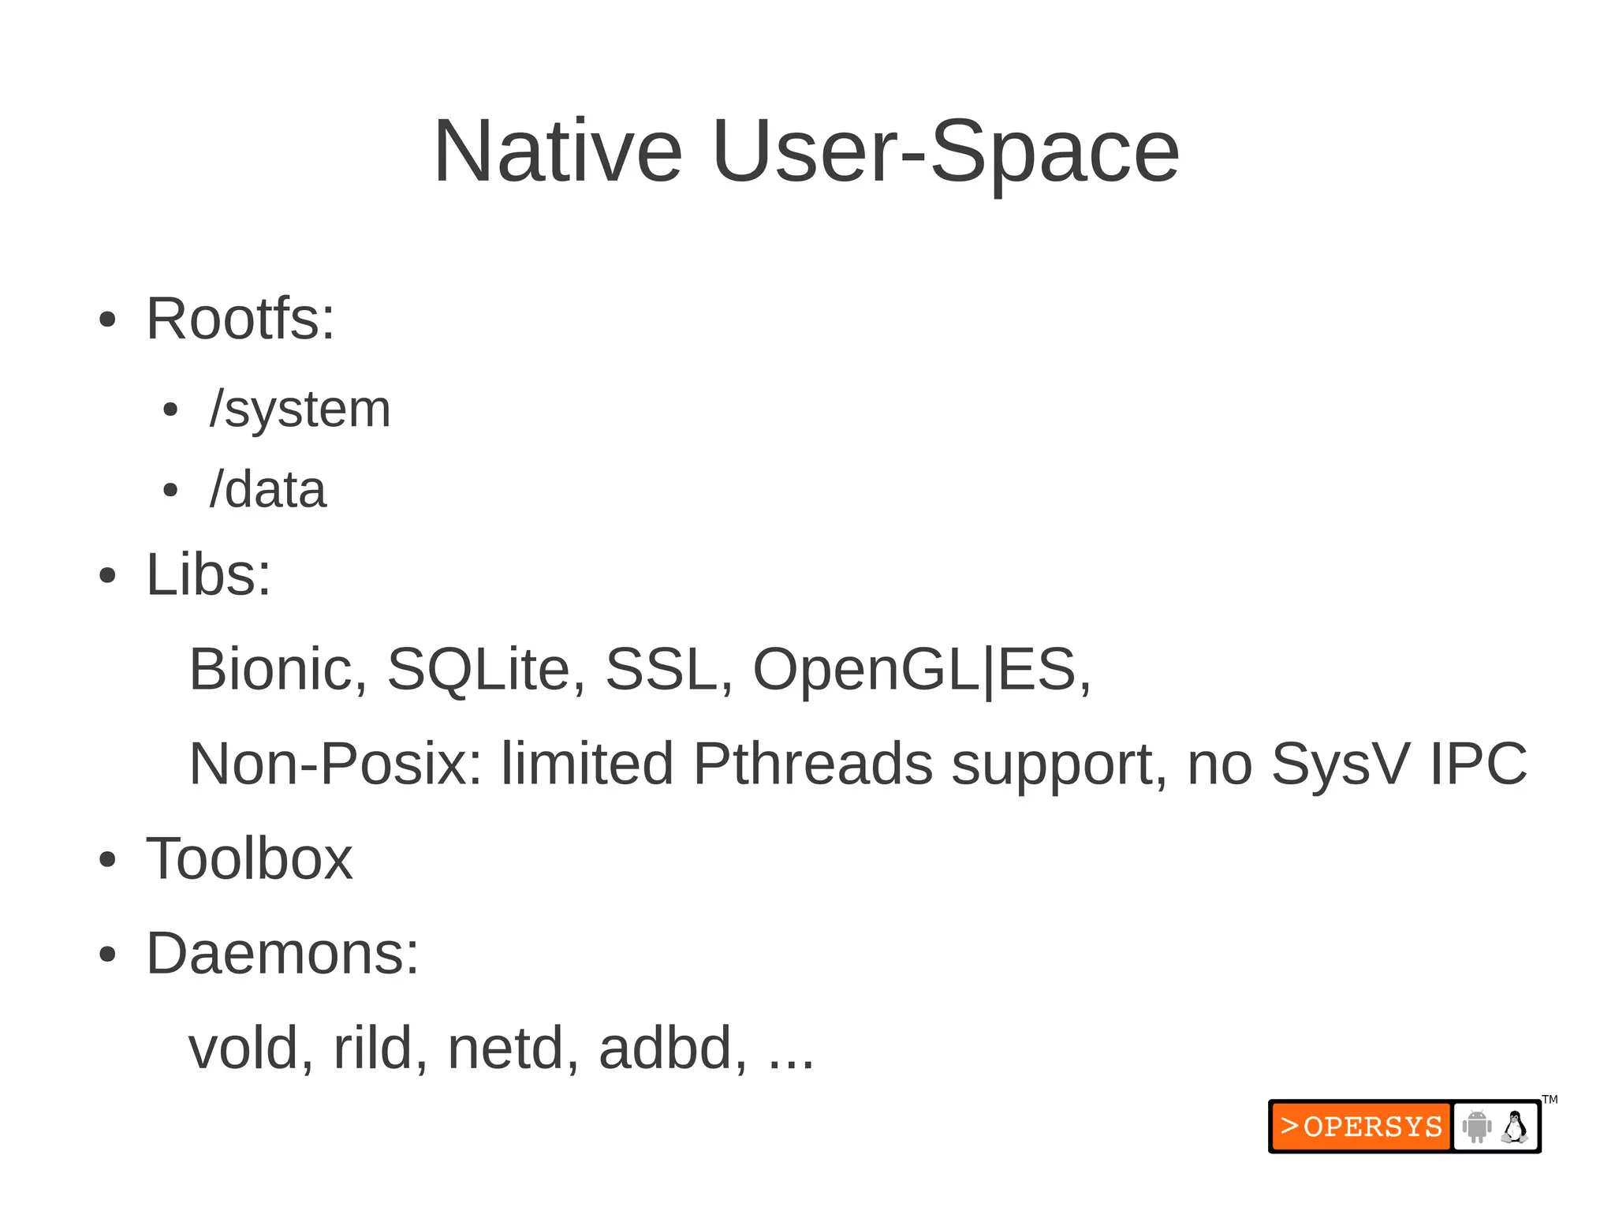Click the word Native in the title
(x=558, y=151)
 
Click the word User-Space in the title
(x=945, y=151)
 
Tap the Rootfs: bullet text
(x=241, y=319)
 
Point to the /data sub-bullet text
(x=268, y=490)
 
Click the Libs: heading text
(x=208, y=574)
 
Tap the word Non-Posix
(x=335, y=764)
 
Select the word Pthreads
(x=812, y=764)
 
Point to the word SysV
(x=1339, y=764)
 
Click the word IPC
(x=1479, y=764)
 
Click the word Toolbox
(x=249, y=858)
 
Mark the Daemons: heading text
(x=282, y=953)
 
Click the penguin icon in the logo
(x=1514, y=1127)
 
